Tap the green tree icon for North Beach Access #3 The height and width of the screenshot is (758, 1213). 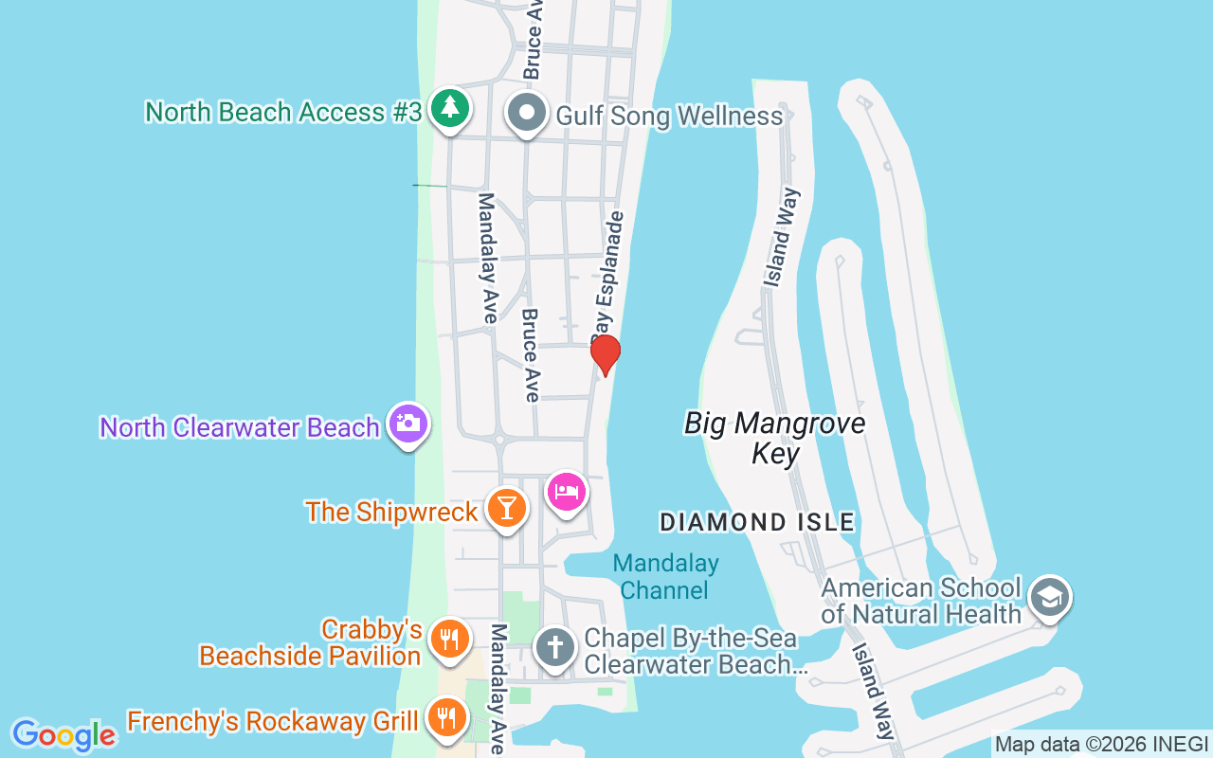click(x=450, y=109)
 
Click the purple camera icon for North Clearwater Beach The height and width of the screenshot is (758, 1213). click(x=408, y=424)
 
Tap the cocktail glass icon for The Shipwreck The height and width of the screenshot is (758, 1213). click(x=507, y=509)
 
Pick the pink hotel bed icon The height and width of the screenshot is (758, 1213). click(x=566, y=492)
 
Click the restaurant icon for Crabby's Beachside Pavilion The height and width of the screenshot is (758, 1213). click(x=450, y=639)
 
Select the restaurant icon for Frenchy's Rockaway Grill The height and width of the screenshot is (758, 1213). click(x=444, y=718)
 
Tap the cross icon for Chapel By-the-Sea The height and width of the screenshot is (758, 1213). click(x=554, y=648)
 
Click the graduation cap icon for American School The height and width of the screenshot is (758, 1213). click(x=1050, y=597)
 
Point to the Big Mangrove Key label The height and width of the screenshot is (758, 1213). click(x=775, y=438)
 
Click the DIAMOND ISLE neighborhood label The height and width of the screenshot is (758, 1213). click(x=757, y=521)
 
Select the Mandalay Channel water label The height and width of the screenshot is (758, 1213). click(x=665, y=577)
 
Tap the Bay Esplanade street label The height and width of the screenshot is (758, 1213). click(x=607, y=275)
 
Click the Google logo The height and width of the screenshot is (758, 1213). click(x=63, y=735)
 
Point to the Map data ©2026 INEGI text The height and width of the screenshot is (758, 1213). click(x=1101, y=745)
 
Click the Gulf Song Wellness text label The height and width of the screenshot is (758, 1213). click(x=669, y=117)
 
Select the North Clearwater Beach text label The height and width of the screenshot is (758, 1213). click(x=240, y=427)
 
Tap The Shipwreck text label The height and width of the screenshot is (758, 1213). click(x=391, y=512)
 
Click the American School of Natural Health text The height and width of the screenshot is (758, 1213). click(x=921, y=601)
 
